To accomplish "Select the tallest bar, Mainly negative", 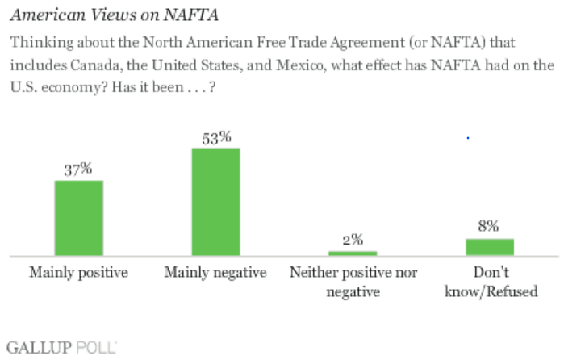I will tap(215, 202).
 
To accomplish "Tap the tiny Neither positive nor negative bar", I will tap(353, 253).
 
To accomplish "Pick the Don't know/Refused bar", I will tap(490, 247).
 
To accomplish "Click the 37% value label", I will tap(78, 169).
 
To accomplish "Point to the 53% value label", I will tap(215, 137).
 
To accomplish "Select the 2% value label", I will tap(353, 240).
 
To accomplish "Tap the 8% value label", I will tap(490, 227).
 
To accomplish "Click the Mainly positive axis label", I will tap(78, 272).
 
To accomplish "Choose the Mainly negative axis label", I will tap(215, 272).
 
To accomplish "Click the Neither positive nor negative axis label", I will tap(353, 281).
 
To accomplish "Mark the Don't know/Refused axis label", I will tap(490, 281).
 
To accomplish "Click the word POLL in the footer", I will tap(97, 348).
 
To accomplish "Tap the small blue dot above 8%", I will tap(468, 139).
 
